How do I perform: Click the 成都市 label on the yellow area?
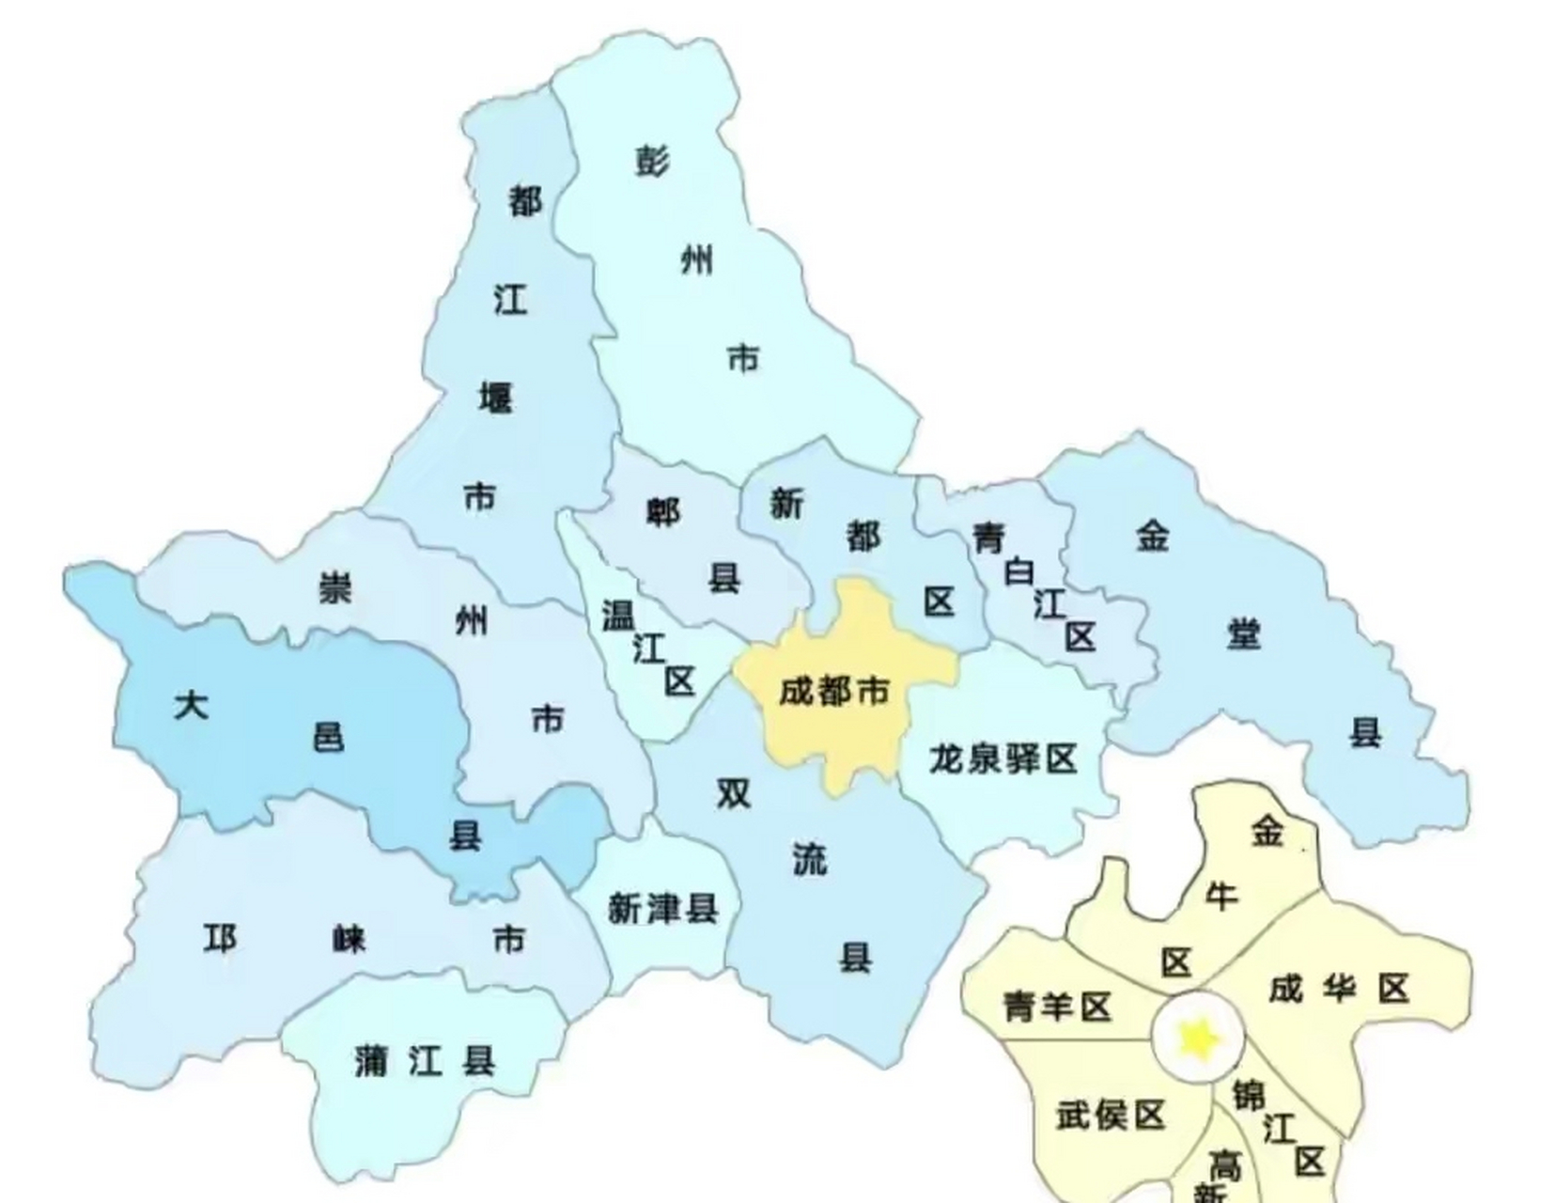tap(833, 693)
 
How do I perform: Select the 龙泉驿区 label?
tap(1003, 758)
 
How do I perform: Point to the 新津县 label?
tap(663, 909)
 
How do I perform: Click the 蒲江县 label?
tap(425, 1062)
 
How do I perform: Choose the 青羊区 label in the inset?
tap(1057, 1007)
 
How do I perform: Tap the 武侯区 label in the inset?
tap(1110, 1116)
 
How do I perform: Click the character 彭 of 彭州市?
tap(652, 162)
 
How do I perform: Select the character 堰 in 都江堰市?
tap(495, 398)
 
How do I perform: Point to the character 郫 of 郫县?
tap(663, 511)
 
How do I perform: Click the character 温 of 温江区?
tap(617, 617)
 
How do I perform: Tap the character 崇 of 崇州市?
tap(334, 589)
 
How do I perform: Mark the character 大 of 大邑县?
tap(192, 705)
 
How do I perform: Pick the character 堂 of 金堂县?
tap(1243, 634)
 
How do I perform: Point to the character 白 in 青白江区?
tap(1019, 571)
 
